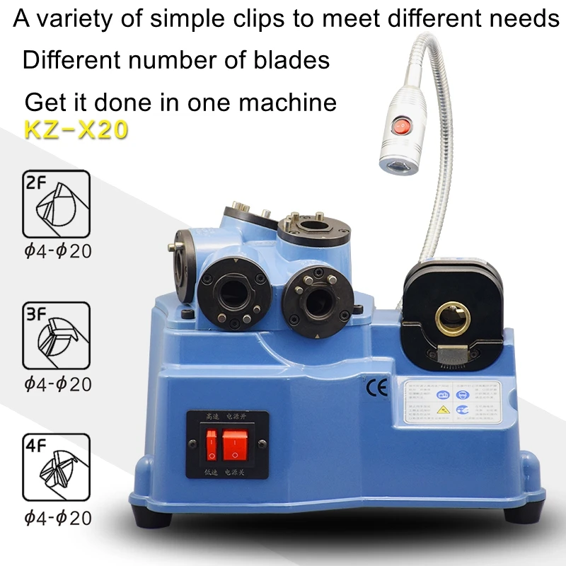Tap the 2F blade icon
coord(57,204)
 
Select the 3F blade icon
coord(57,336)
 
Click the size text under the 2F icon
coord(57,252)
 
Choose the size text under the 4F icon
coord(57,518)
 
